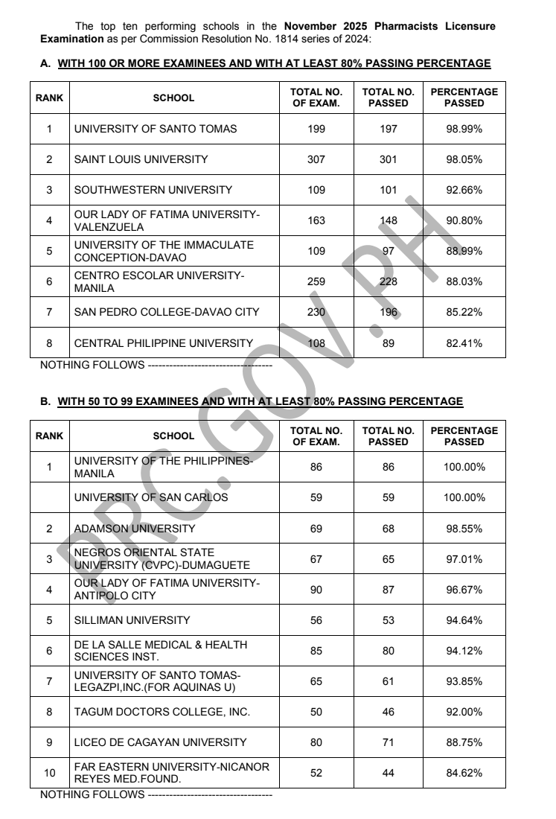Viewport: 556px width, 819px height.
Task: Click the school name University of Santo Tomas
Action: [156, 129]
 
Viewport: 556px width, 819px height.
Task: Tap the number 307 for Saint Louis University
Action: [316, 159]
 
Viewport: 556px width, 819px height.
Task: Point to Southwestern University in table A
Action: [153, 190]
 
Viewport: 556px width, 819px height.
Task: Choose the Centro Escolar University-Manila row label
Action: [159, 281]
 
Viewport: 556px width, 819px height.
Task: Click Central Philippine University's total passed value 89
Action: [388, 342]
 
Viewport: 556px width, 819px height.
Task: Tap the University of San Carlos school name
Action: [151, 497]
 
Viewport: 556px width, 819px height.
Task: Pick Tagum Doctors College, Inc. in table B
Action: [162, 712]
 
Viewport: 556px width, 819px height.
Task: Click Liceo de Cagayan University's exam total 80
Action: [316, 742]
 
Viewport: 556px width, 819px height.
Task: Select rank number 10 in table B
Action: [50, 773]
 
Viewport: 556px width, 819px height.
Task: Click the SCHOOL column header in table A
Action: [173, 98]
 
